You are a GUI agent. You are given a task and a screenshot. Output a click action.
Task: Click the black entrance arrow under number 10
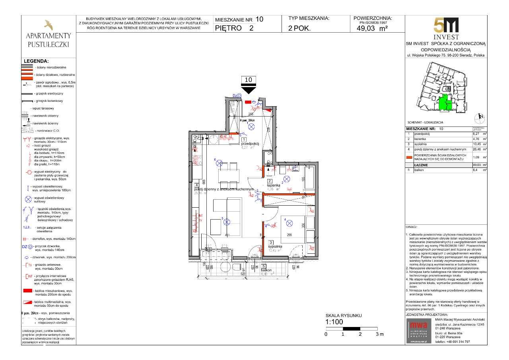[x=249, y=90]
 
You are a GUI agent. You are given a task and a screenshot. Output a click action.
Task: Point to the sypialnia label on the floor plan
[x=275, y=246]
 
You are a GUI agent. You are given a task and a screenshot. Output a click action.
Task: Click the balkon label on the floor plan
[x=267, y=270]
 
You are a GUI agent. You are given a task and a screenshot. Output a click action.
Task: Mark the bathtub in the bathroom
[x=309, y=179]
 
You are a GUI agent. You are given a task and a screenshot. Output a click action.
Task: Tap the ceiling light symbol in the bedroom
[x=289, y=223]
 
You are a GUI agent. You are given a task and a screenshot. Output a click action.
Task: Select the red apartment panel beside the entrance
[x=248, y=102]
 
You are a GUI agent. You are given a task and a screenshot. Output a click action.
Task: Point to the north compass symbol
[x=480, y=117]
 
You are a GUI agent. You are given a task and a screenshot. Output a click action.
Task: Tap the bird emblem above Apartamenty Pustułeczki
[x=48, y=25]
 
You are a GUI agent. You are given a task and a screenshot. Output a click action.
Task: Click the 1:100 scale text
[x=334, y=322]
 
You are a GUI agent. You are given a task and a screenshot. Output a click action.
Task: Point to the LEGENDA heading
[x=36, y=61]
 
